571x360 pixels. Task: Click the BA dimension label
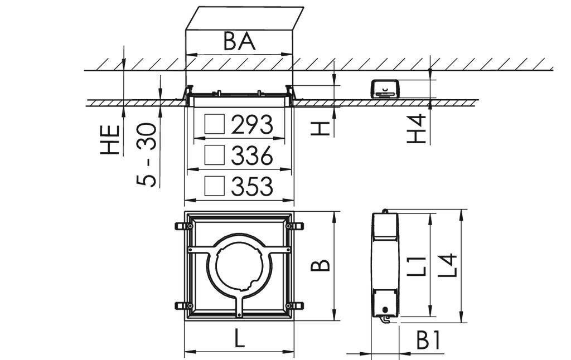pos(239,41)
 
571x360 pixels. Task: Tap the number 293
pos(252,125)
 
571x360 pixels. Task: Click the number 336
pos(252,156)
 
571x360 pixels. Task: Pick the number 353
pos(252,187)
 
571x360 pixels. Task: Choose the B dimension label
pos(320,266)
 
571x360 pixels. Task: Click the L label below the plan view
pos(239,339)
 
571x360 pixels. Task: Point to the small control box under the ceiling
pos(385,89)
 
